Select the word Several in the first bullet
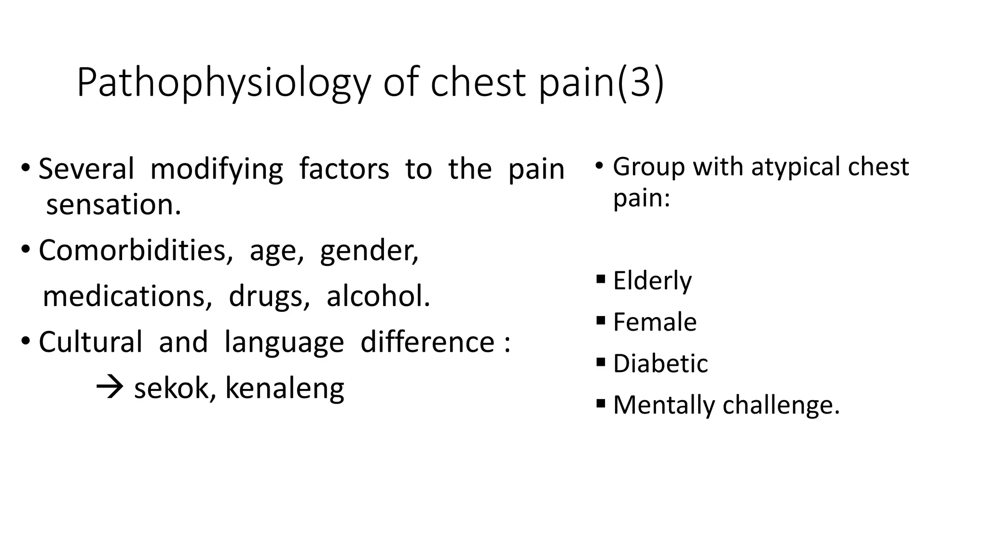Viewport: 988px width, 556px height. pos(86,169)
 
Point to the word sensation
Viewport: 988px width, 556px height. pos(113,205)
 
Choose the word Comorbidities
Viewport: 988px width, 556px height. pos(132,250)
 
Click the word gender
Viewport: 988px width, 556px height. pos(369,250)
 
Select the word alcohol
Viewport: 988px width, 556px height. pos(378,296)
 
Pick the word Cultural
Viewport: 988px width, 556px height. pos(90,342)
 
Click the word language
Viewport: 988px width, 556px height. pos(284,342)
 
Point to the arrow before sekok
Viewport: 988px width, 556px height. pos(110,388)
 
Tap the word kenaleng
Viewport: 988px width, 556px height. pos(285,388)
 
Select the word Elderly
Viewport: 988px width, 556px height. pos(652,280)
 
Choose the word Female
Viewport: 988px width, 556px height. pos(655,322)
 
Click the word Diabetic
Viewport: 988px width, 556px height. pos(660,363)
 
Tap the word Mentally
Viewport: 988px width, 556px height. pos(664,405)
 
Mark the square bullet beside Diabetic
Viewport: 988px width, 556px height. pos(601,362)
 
